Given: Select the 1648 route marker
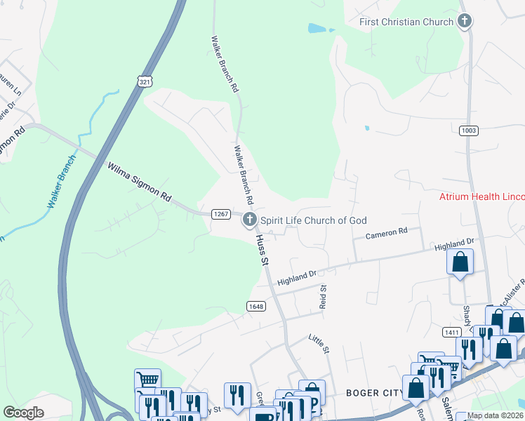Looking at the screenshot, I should (x=256, y=306).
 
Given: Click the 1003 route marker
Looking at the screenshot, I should (x=469, y=131).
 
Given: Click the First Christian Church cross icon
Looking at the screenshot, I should (x=463, y=21).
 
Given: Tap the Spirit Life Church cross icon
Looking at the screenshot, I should (x=249, y=220).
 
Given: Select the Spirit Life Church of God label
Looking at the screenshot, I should (x=314, y=220).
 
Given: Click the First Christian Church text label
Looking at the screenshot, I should (x=406, y=22).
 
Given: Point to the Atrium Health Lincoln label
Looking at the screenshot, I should (x=481, y=196).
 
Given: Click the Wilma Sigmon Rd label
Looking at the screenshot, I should (x=139, y=183).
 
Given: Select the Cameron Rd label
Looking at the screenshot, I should (x=387, y=232).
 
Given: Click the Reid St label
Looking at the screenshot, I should (x=324, y=298).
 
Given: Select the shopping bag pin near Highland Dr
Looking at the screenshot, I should (x=460, y=262).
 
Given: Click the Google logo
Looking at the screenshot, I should (x=24, y=412).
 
